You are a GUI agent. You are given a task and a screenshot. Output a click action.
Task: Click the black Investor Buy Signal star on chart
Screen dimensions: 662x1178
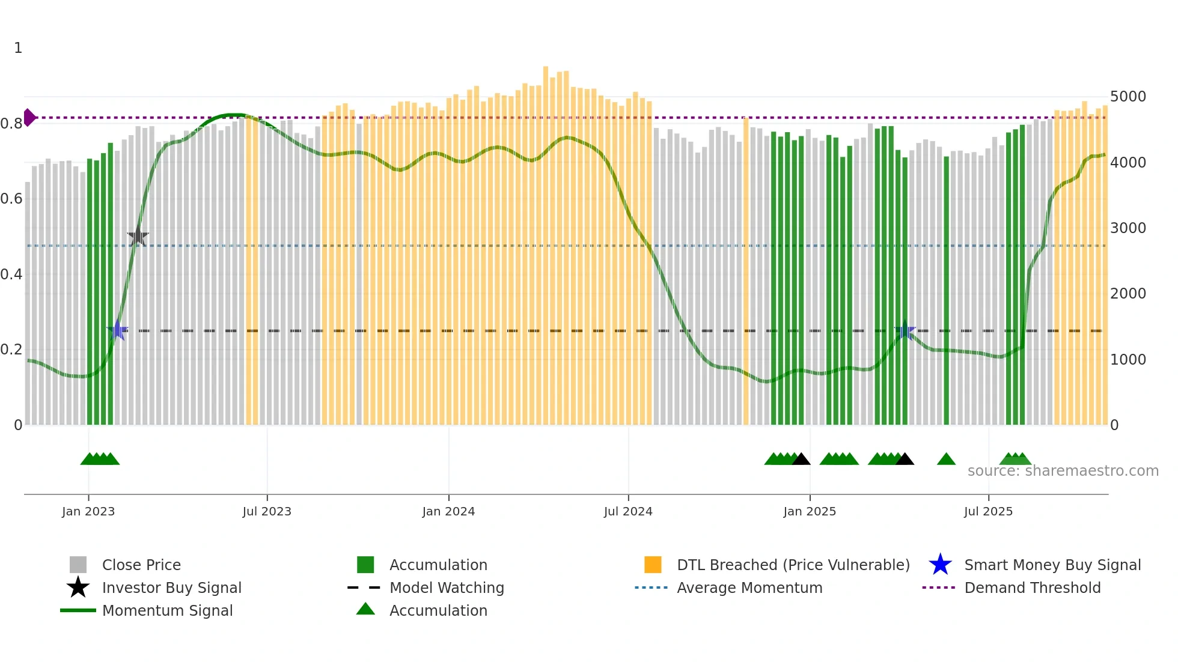tap(138, 236)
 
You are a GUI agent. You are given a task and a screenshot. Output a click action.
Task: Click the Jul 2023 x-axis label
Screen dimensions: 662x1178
tap(267, 511)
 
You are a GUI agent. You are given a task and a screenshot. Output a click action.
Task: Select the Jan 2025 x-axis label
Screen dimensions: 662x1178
tap(810, 511)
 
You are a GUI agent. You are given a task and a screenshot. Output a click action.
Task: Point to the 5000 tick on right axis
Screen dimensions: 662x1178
tap(1128, 97)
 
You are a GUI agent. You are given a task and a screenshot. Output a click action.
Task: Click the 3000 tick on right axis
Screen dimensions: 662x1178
tap(1128, 228)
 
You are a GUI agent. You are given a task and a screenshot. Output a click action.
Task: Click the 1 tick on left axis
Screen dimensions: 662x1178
tap(18, 48)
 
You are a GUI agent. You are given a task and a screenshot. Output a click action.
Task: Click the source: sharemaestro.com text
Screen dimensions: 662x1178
tap(1063, 471)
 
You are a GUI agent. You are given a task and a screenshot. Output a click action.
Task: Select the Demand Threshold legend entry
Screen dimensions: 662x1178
tap(1032, 588)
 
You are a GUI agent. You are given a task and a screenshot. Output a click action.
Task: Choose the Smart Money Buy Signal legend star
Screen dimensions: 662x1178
tap(940, 565)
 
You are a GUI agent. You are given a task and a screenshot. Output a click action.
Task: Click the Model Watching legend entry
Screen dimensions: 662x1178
tap(446, 588)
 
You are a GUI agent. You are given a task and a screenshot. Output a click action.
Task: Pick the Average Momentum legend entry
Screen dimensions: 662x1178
tap(749, 588)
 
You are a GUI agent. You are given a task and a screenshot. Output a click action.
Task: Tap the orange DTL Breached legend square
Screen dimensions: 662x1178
tap(653, 565)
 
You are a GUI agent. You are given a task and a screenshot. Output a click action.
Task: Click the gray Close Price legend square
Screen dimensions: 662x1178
tap(78, 565)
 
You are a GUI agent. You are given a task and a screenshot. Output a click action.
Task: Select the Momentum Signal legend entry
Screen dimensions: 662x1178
tap(167, 610)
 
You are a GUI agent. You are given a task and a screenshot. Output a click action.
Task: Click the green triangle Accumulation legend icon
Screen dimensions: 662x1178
tap(365, 609)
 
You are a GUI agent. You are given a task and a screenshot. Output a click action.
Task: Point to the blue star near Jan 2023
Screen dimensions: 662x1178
tap(117, 330)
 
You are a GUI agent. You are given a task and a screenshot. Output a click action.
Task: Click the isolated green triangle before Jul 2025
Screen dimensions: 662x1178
tap(946, 460)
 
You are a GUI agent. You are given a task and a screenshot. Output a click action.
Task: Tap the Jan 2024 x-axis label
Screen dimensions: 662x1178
tap(448, 511)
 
